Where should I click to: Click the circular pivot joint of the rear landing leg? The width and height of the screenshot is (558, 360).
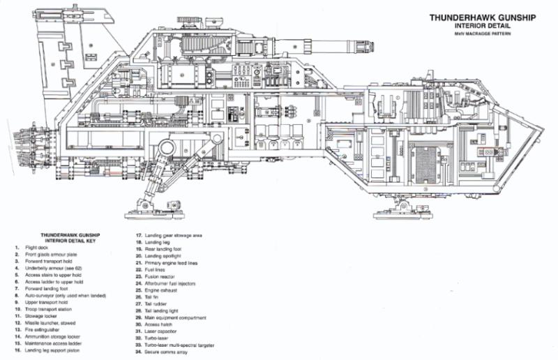point(165,147)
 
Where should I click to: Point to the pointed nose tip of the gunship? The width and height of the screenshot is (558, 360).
point(542,128)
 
